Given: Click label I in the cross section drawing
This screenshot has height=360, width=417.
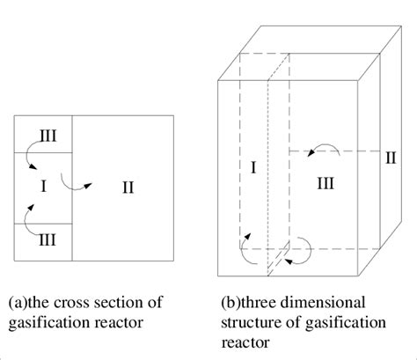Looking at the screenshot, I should (x=44, y=187).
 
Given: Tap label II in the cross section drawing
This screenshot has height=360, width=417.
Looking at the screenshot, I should (x=128, y=187).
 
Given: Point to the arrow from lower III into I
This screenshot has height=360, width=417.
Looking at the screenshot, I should (x=30, y=216).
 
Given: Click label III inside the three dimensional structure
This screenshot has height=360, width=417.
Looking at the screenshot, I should (x=326, y=182).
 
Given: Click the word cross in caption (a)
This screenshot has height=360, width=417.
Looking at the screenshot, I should (x=74, y=302).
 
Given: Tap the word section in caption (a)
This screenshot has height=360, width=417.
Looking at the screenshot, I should (x=116, y=302).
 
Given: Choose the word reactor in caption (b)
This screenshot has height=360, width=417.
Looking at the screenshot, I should (x=245, y=342).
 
